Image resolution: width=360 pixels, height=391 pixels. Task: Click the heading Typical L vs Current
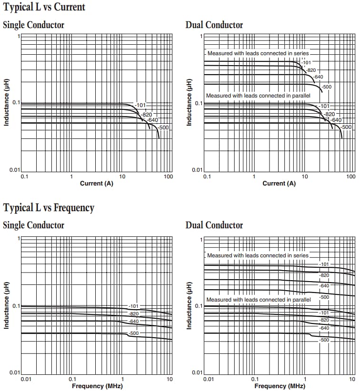[44, 7]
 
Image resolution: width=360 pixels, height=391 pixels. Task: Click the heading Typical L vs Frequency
[49, 208]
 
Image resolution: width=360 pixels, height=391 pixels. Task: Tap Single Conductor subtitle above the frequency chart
[33, 225]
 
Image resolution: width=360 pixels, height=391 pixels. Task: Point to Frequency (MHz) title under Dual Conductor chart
[280, 386]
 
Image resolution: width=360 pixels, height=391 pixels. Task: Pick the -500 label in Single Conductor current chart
[163, 128]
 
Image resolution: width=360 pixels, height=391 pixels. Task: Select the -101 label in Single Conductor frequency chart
[134, 306]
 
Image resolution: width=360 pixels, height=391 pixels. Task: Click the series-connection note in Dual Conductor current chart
[258, 53]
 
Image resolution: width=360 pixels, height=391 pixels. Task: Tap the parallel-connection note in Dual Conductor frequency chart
[258, 300]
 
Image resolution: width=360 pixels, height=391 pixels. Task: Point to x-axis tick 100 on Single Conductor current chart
[168, 177]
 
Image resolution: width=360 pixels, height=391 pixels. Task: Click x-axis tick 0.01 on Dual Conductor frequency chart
[208, 379]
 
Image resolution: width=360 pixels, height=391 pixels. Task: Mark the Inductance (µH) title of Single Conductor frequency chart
[7, 305]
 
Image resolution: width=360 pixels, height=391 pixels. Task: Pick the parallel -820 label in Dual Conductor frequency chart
[324, 320]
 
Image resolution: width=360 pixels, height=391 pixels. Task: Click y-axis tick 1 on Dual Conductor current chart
[201, 37]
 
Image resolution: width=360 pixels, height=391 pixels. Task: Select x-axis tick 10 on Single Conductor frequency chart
[170, 379]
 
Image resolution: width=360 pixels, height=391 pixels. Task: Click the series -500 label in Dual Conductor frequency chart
[324, 297]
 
